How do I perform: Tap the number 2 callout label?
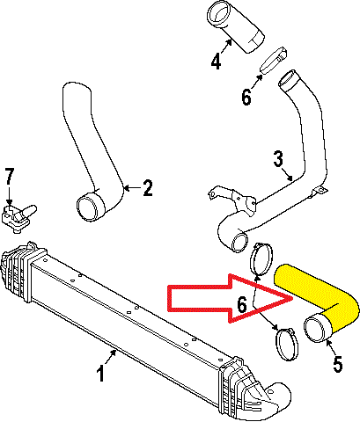tap(148, 187)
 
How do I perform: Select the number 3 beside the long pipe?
tap(278, 161)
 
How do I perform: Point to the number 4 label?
tap(216, 62)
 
